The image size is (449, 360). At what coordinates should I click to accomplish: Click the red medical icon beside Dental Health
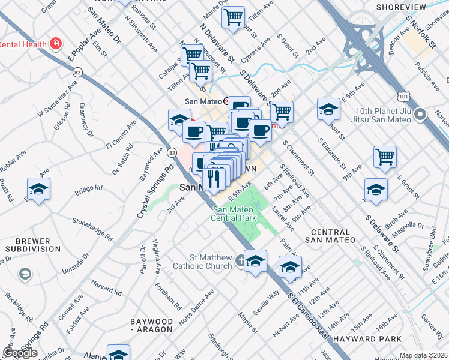56,44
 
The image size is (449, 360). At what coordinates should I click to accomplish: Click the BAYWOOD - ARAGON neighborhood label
152,326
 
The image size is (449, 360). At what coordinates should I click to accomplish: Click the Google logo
20,353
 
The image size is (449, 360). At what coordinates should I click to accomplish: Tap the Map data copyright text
423,355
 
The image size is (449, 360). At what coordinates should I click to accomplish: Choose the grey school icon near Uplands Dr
25,274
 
